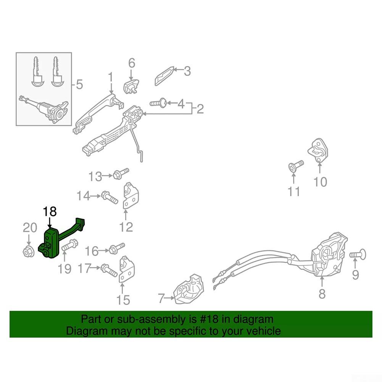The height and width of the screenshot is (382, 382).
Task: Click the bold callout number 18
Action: point(50,211)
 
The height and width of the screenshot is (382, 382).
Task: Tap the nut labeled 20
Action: point(29,251)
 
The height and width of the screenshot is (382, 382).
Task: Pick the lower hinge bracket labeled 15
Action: point(126,269)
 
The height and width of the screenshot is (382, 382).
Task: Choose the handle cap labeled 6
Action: point(131,86)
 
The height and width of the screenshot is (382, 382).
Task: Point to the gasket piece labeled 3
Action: point(165,76)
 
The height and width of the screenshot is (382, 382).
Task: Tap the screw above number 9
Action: point(358,255)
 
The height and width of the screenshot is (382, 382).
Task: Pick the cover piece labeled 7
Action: point(189,289)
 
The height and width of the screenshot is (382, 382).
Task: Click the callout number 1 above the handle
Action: point(111,77)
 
